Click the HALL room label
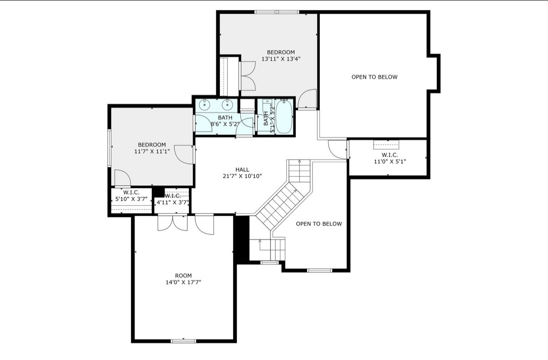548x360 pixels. pos(242,170)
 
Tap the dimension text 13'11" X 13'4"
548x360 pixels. pos(281,59)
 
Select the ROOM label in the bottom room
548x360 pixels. pos(184,275)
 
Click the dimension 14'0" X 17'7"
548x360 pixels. pos(184,282)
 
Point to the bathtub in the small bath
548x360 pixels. pos(284,117)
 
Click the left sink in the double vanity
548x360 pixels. pos(204,105)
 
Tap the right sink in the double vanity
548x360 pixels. pos(227,105)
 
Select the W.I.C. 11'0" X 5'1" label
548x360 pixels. pos(390,158)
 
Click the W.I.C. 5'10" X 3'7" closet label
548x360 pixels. pos(131,196)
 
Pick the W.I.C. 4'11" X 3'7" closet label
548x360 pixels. pos(173,199)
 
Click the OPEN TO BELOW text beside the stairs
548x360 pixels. pos(319,224)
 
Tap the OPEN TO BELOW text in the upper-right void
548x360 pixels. pos(374,77)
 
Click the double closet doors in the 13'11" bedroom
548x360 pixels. pos(248,76)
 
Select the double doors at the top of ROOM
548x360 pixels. pos(173,222)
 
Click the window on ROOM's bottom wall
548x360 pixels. pos(184,341)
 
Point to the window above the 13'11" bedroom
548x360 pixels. pos(277,12)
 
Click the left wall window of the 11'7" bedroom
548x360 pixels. pos(110,148)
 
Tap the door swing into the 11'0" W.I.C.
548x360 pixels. pos(338,150)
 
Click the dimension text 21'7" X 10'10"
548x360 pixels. pos(242,176)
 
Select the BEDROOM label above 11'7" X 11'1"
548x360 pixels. pos(152,145)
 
